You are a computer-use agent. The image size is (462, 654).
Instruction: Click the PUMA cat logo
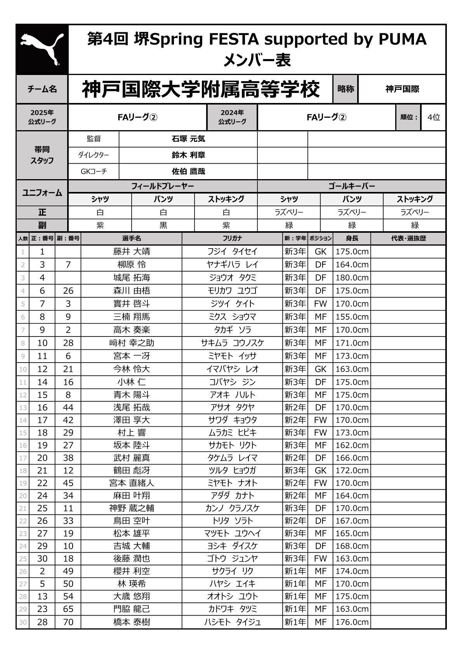pyautogui.click(x=42, y=49)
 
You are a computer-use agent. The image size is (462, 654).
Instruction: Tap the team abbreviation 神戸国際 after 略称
pyautogui.click(x=402, y=89)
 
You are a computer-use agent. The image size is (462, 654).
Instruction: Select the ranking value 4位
pyautogui.click(x=433, y=117)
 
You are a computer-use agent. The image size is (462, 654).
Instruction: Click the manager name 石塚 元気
pyautogui.click(x=188, y=139)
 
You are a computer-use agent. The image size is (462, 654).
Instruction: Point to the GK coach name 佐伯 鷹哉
pyautogui.click(x=188, y=171)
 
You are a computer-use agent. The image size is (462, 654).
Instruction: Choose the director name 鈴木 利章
pyautogui.click(x=188, y=155)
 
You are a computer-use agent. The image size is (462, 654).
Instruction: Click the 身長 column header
pyautogui.click(x=352, y=238)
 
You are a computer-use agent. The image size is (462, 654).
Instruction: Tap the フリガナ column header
pyautogui.click(x=232, y=238)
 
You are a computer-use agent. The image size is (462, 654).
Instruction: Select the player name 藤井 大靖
pyautogui.click(x=132, y=251)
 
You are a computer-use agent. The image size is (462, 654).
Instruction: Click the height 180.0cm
pyautogui.click(x=352, y=277)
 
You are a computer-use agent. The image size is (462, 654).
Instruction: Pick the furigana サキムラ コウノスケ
pyautogui.click(x=232, y=343)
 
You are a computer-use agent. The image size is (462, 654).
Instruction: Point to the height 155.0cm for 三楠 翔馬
pyautogui.click(x=352, y=317)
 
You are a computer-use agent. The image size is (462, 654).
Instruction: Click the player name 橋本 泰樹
pyautogui.click(x=132, y=622)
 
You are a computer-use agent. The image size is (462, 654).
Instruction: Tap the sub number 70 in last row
pyautogui.click(x=68, y=622)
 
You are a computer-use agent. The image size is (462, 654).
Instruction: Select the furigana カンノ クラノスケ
pyautogui.click(x=232, y=508)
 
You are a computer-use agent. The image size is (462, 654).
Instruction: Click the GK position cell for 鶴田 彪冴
pyautogui.click(x=320, y=470)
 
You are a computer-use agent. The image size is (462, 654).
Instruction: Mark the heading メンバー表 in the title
pyautogui.click(x=257, y=60)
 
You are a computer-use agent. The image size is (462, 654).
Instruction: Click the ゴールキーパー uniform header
pyautogui.click(x=351, y=186)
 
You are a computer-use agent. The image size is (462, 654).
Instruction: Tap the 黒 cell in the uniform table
pyautogui.click(x=163, y=225)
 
